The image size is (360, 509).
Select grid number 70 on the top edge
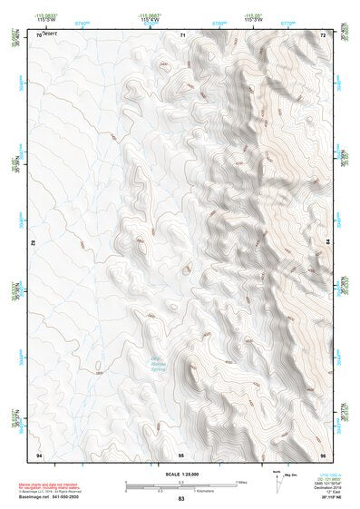38,34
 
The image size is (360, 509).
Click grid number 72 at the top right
323,34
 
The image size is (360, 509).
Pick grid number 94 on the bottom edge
38,453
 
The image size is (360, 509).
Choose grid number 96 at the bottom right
322,453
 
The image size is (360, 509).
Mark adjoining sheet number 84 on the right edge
328,243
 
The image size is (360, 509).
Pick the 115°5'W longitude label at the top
41,20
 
